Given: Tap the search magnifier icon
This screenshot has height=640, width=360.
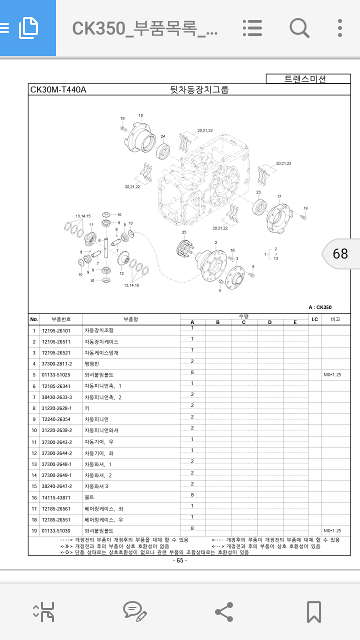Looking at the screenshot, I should (299, 27).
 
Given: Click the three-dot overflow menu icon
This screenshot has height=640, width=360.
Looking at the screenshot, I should (340, 27).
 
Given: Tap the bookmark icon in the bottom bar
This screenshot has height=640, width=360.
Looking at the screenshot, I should (313, 611).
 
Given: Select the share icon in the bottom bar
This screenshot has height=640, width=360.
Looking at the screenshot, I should (223, 611).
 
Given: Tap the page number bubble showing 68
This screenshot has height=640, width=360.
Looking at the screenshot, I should (340, 253).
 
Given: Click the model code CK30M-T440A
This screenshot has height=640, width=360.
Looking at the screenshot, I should (58, 90).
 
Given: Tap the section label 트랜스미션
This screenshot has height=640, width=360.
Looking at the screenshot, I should (305, 78).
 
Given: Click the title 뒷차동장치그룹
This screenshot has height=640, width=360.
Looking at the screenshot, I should (199, 90).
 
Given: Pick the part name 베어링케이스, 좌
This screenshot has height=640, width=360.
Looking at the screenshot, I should (103, 508).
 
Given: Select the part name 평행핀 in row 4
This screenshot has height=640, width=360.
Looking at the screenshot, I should (92, 363).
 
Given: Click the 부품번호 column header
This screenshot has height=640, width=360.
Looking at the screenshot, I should (61, 319).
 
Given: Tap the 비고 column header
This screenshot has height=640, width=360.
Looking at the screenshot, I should (335, 319).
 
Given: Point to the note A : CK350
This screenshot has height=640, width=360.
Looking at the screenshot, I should (320, 307).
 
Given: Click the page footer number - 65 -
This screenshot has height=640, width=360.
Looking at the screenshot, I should (180, 560).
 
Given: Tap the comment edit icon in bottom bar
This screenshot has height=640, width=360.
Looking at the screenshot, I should (134, 611).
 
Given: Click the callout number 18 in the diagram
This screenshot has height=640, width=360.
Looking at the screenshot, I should (140, 115).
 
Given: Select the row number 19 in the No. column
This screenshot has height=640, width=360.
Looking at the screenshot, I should (34, 531).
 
